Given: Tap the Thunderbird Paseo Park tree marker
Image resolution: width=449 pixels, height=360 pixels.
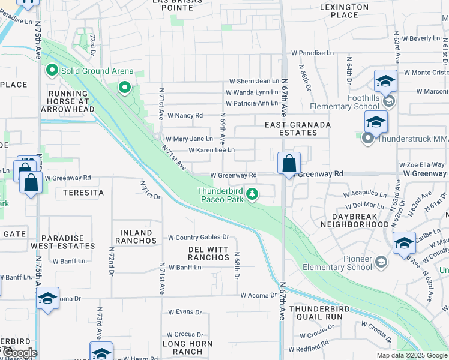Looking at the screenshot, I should [253, 193].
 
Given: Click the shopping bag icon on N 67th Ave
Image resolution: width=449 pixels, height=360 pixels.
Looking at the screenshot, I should [289, 163].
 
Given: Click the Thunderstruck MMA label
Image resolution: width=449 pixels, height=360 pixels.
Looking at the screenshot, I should [413, 139].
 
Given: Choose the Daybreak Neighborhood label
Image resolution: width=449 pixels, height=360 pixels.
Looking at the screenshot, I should [354, 220].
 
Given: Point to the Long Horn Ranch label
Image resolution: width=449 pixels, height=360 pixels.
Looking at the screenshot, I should [183, 347].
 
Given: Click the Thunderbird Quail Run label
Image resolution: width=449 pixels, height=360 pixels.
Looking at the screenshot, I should [316, 313].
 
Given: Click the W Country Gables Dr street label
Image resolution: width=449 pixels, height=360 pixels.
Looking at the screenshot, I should [199, 238].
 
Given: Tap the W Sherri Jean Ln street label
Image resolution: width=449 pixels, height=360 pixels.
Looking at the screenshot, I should [253, 81].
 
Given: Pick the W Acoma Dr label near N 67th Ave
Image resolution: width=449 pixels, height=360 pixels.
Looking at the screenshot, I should [258, 295].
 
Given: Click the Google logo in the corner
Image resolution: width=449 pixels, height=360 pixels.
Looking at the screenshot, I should [19, 353].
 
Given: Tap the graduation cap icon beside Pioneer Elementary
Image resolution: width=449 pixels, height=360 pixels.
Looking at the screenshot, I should [404, 243].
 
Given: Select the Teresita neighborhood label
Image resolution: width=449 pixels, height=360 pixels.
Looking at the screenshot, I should [80, 193].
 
